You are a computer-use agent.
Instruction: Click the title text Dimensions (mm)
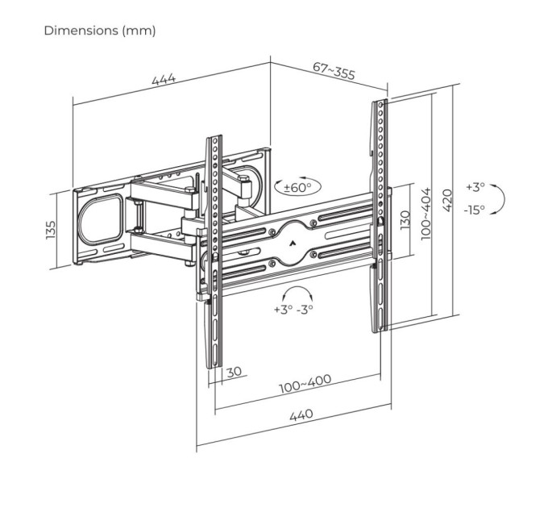100,31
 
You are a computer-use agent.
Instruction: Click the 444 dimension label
164,81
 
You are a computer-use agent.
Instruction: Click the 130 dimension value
405,219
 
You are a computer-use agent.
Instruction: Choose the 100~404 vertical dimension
426,212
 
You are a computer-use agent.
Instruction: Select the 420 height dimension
448,194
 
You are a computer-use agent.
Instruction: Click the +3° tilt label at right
475,187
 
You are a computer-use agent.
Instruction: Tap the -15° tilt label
474,209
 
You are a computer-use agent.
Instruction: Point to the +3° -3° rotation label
293,309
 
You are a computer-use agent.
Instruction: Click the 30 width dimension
234,372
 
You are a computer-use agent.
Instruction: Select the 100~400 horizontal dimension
305,385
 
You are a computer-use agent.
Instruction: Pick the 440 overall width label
300,415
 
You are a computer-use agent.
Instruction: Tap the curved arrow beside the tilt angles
500,198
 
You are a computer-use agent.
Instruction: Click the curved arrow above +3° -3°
296,292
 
